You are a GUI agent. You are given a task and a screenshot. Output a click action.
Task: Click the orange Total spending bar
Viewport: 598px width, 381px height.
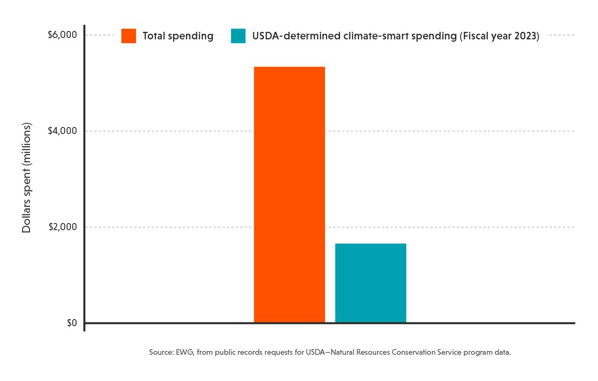(x=289, y=194)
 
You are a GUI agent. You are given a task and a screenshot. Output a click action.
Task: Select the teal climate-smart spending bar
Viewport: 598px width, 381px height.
(x=371, y=283)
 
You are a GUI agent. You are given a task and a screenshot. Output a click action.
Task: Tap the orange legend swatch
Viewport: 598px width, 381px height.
(x=129, y=36)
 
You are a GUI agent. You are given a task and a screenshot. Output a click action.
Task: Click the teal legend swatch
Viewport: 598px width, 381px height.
(x=238, y=36)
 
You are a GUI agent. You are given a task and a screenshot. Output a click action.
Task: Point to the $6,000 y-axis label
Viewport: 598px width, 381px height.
(x=62, y=35)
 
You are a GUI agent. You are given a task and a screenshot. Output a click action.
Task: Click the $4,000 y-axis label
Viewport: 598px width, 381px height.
(x=62, y=131)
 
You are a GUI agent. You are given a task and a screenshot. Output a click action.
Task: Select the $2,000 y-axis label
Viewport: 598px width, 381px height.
(x=62, y=227)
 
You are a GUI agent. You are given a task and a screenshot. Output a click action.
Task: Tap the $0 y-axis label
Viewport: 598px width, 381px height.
(x=72, y=323)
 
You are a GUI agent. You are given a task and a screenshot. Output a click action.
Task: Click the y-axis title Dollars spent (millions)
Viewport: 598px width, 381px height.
(x=27, y=178)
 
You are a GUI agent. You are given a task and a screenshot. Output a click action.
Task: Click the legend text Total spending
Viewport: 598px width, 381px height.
(x=178, y=36)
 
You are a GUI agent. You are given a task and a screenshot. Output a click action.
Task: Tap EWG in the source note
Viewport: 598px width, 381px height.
(x=185, y=352)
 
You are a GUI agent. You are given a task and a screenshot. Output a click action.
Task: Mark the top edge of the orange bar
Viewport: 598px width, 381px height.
(x=289, y=67)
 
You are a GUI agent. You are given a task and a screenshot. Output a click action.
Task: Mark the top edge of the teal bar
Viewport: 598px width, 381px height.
(x=371, y=244)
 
